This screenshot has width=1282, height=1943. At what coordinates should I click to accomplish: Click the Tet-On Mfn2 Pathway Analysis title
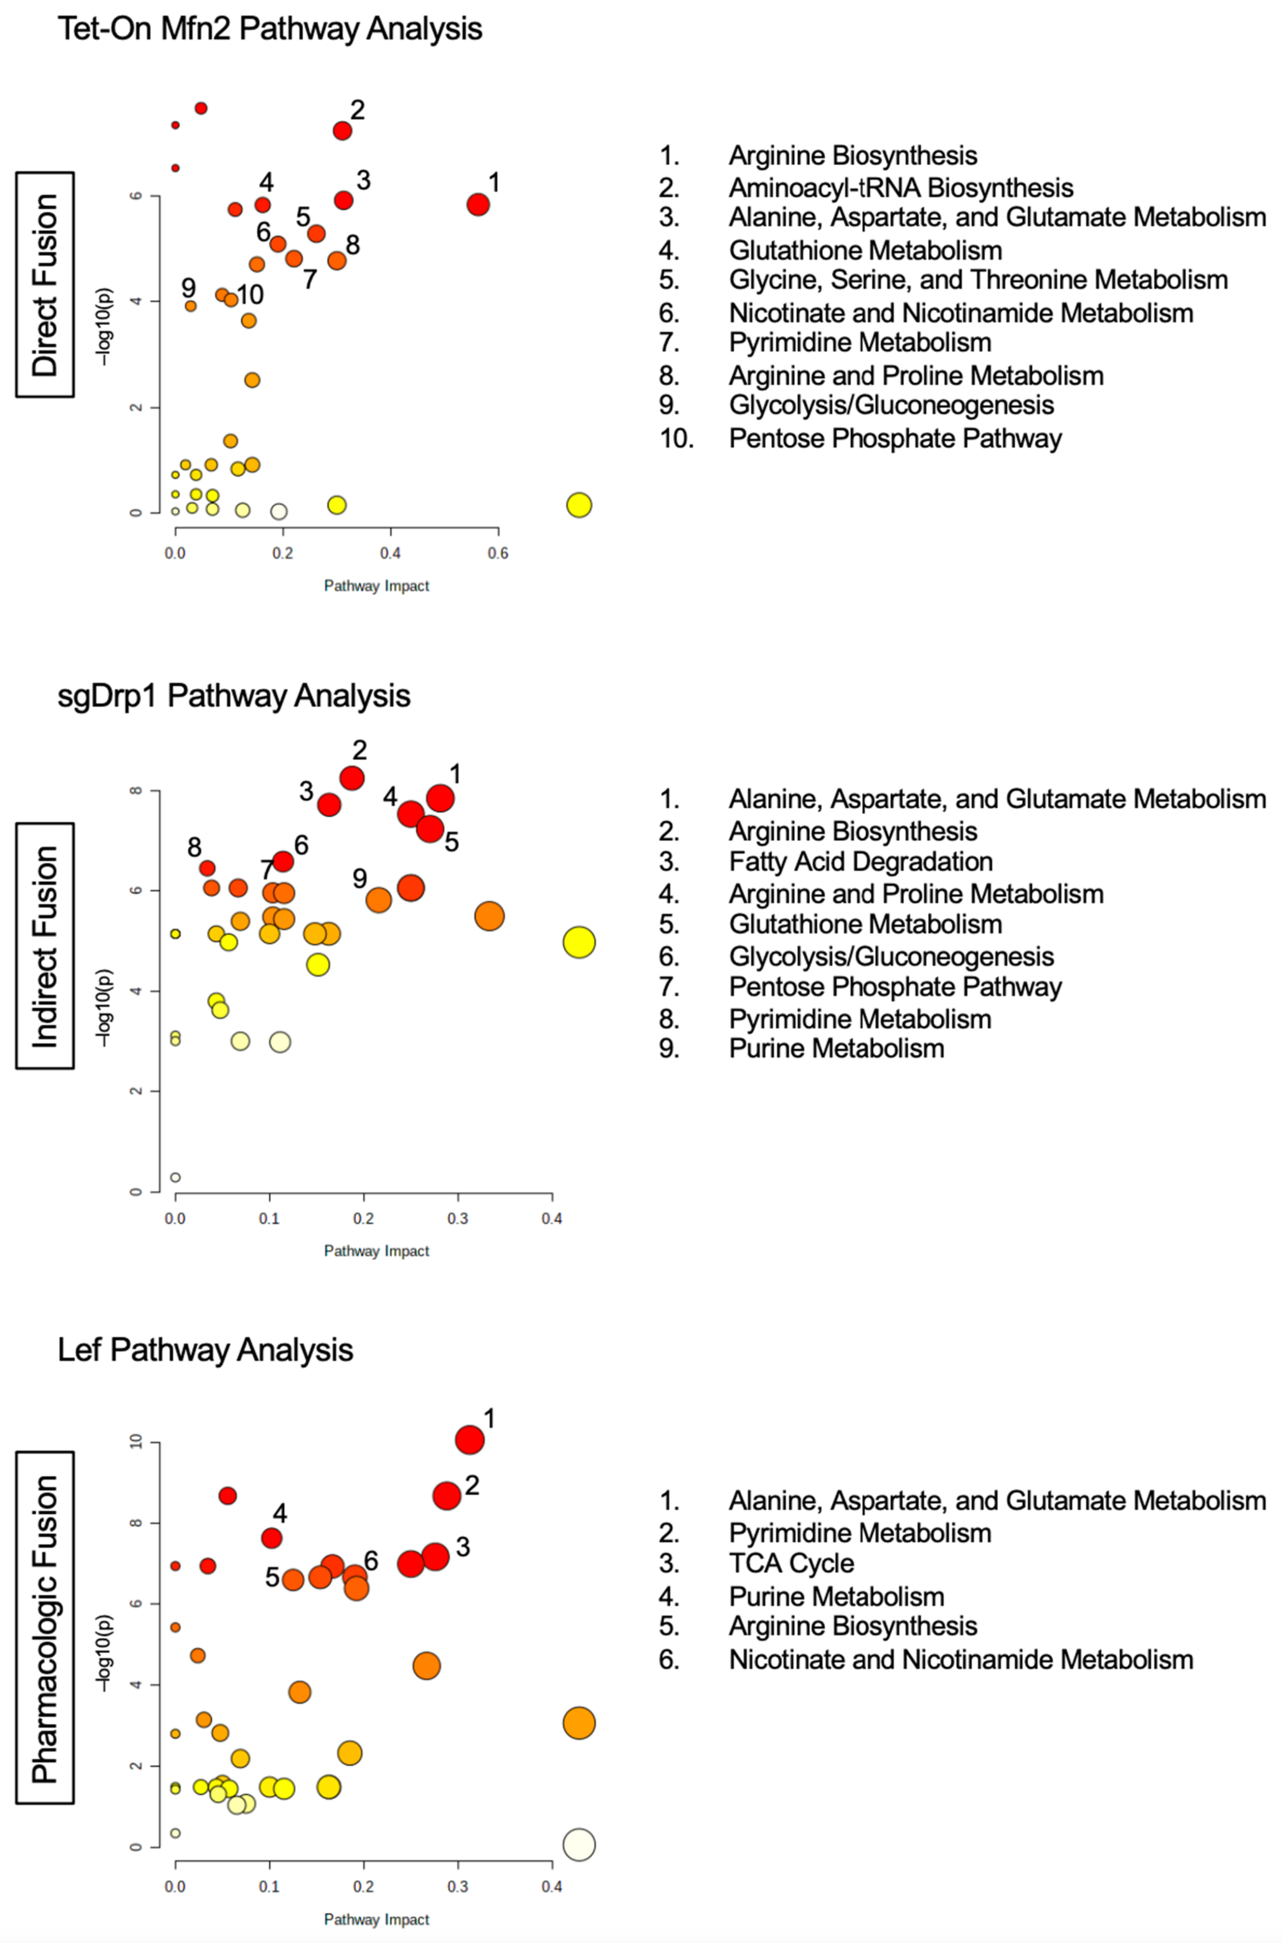[x=270, y=30]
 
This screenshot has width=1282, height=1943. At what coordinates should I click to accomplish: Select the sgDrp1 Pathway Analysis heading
[x=234, y=696]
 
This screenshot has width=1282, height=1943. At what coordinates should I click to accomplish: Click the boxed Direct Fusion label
[x=45, y=285]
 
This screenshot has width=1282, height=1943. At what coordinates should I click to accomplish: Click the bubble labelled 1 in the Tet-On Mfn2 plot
[x=478, y=205]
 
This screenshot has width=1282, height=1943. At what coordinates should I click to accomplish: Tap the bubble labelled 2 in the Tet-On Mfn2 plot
[x=342, y=131]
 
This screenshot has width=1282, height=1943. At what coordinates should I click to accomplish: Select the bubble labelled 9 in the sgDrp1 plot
[x=378, y=900]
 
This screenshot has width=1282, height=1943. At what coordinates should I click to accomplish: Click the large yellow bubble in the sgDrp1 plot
[x=579, y=942]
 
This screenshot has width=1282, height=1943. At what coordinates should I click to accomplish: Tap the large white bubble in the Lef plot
[x=579, y=1844]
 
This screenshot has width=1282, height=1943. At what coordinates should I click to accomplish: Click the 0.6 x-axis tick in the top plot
[x=498, y=554]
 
